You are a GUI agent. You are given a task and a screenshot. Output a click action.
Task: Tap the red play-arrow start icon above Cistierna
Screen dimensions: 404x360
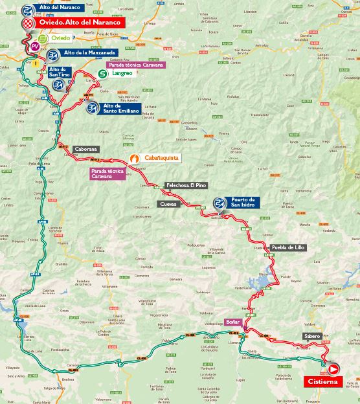(x=333, y=369)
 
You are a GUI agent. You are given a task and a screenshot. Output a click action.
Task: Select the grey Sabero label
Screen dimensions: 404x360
(x=311, y=336)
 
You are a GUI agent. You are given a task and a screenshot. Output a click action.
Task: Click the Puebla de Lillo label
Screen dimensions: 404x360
(x=287, y=247)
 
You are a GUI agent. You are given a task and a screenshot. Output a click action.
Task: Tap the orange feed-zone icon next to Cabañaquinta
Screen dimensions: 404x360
(x=134, y=157)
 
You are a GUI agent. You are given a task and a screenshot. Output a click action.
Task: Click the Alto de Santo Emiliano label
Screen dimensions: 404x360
(x=120, y=108)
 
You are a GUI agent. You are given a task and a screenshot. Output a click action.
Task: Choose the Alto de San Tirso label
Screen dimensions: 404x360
(x=57, y=73)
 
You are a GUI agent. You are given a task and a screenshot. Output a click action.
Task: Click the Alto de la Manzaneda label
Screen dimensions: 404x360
(x=89, y=52)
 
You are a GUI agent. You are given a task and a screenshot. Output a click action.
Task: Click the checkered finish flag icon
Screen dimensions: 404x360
(x=28, y=23)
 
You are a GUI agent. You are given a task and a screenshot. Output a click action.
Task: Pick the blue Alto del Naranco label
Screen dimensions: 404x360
(x=60, y=8)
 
